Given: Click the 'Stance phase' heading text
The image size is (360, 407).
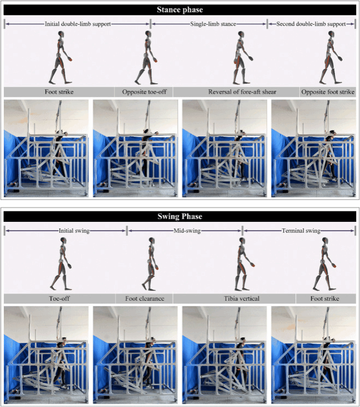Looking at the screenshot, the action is pyautogui.click(x=180, y=10).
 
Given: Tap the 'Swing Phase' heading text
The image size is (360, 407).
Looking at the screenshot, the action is pyautogui.click(x=180, y=216).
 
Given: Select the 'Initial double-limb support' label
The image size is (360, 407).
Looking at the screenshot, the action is pyautogui.click(x=78, y=24).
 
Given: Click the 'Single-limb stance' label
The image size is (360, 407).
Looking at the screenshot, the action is pyautogui.click(x=213, y=24).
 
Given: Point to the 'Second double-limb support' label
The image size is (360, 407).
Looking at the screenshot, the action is pyautogui.click(x=311, y=24).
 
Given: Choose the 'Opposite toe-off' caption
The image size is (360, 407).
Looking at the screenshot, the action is pyautogui.click(x=144, y=92).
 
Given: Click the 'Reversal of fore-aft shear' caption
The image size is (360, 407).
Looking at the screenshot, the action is pyautogui.click(x=242, y=92).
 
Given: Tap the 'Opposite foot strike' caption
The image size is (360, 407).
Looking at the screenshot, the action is pyautogui.click(x=328, y=92).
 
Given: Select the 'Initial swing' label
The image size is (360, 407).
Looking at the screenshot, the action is pyautogui.click(x=74, y=231).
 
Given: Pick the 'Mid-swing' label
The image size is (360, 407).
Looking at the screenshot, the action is pyautogui.click(x=187, y=231).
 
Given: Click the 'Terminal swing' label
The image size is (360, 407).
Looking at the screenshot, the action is pyautogui.click(x=301, y=231).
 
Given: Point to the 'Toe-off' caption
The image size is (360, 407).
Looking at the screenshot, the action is pyautogui.click(x=59, y=299).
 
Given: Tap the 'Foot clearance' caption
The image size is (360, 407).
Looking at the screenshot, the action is pyautogui.click(x=144, y=299).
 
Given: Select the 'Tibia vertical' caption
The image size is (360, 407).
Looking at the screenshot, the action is pyautogui.click(x=242, y=299).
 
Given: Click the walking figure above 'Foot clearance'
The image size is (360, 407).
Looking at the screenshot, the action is pyautogui.click(x=150, y=264).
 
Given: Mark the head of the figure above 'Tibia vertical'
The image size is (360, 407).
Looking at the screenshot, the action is pyautogui.click(x=242, y=240).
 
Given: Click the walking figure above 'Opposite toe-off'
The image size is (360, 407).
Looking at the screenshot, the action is pyautogui.click(x=147, y=58).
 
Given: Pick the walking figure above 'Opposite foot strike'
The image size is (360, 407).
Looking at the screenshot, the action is pyautogui.click(x=330, y=58).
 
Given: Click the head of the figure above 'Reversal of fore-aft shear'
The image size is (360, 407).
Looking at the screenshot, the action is pyautogui.click(x=241, y=34).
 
